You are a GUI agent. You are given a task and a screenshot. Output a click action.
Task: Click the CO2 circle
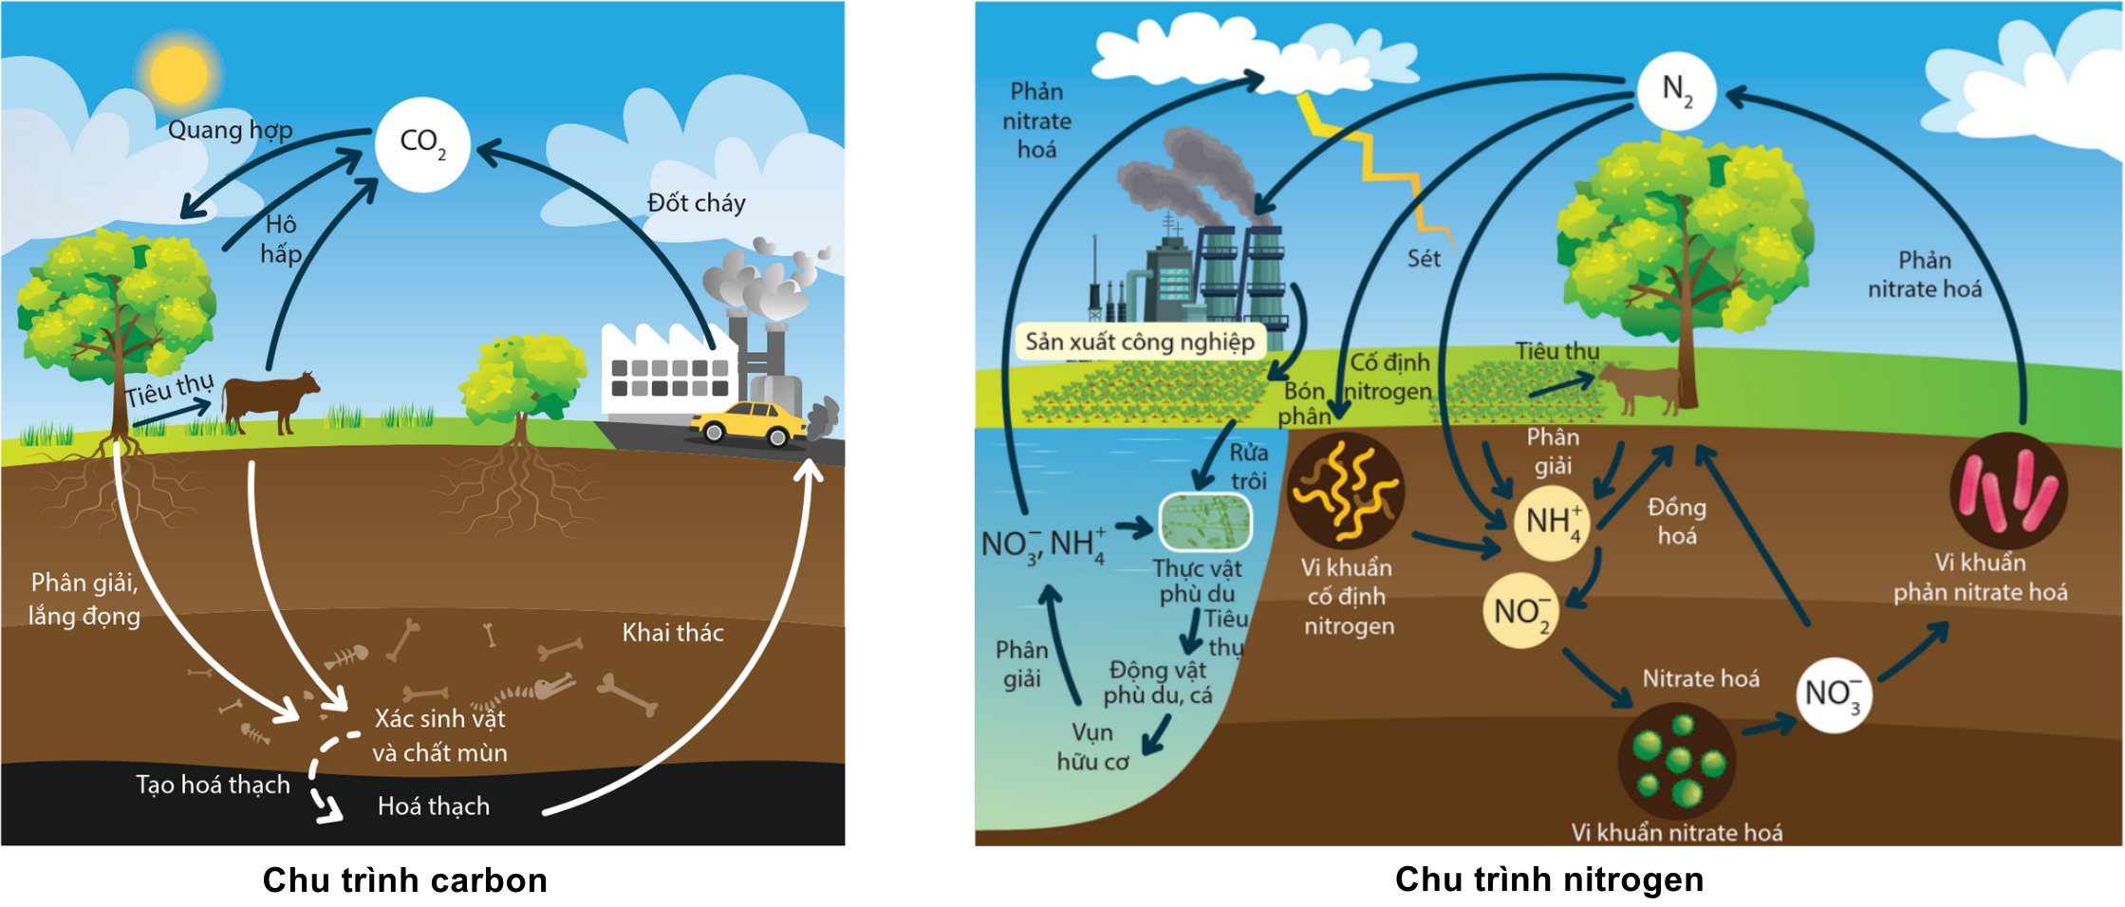pos(422,145)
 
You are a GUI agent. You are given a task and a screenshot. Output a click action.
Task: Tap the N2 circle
pos(1676,91)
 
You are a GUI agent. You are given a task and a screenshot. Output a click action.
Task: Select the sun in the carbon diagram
pos(178,74)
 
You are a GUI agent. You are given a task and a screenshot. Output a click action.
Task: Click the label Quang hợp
pos(230,130)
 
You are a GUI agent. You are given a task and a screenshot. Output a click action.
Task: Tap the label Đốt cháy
pos(696,203)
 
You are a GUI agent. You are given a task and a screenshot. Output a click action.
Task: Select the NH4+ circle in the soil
pos(1551,523)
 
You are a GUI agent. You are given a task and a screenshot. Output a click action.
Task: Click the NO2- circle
pos(1520,611)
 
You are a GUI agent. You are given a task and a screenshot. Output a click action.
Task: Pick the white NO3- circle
pos(1833,694)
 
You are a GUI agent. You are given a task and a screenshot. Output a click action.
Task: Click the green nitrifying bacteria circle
pos(1676,761)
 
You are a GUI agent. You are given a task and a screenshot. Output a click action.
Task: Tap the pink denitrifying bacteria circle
pos(2007,491)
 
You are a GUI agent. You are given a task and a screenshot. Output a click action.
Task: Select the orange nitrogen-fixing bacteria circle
pos(1346,491)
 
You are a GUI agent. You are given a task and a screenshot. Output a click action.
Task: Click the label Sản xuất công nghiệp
pos(1140,342)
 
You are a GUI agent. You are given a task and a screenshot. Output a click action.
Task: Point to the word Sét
pos(1424,259)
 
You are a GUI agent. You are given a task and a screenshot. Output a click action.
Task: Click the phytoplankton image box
pos(1204,522)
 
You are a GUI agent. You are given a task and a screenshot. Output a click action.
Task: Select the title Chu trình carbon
pos(405,880)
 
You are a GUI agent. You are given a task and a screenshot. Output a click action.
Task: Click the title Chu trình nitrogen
pos(1549,879)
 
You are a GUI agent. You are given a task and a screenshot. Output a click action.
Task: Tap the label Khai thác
pos(673,633)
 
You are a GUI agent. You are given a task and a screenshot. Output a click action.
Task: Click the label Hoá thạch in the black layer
pos(434,806)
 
